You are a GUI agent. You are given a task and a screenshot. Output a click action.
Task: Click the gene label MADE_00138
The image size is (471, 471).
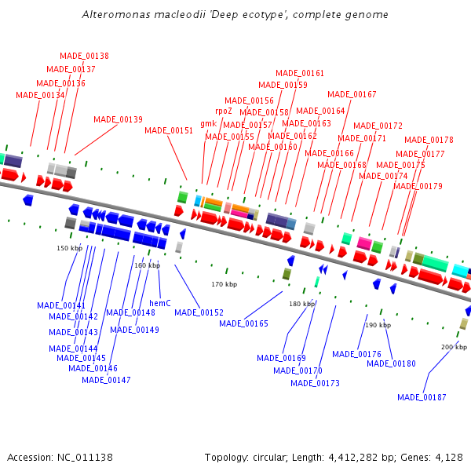[84, 57]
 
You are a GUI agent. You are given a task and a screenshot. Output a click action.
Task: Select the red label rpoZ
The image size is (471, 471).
[224, 111]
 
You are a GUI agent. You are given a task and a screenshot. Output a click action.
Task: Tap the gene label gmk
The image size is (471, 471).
[208, 124]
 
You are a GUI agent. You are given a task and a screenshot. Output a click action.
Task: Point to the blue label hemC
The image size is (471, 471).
[160, 302]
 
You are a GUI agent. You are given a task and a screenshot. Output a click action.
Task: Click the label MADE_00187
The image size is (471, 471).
[422, 397]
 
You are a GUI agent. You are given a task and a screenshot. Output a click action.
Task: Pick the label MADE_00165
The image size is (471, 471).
[243, 323]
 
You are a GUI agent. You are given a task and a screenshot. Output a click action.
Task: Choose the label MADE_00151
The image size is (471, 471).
[169, 131]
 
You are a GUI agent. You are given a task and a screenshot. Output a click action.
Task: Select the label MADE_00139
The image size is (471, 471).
[118, 120]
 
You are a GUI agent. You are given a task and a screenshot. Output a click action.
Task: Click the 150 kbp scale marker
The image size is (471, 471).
[69, 248]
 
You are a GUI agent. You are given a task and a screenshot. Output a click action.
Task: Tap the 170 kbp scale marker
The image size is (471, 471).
[224, 284]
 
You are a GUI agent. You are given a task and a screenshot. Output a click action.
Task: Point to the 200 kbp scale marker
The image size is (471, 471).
[454, 346]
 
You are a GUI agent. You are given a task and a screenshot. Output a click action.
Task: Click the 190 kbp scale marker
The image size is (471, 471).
[378, 325]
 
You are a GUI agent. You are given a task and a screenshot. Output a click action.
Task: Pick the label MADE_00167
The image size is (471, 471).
[352, 95]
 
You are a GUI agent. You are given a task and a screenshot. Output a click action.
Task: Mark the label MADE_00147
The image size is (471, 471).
[106, 380]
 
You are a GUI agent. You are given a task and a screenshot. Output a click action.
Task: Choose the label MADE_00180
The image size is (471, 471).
[391, 363]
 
